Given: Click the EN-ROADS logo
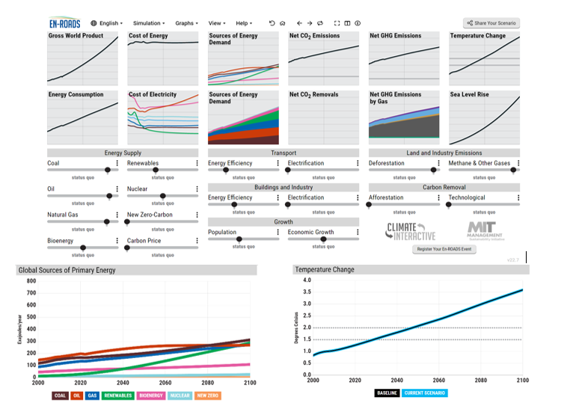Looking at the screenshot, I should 64,23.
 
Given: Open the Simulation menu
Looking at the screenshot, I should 147,23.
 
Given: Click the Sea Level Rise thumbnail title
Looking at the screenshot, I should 470,95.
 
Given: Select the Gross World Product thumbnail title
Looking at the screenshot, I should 76,36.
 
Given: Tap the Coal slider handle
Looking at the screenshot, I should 108,170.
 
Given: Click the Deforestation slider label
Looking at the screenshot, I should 386,163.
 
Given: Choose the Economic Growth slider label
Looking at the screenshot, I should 310,232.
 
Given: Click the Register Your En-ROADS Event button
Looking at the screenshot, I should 444,248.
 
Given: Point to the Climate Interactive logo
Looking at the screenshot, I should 410,231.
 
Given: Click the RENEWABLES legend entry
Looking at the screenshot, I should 118,396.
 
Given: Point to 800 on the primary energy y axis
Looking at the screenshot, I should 31,281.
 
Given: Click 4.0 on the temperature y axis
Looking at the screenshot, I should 306,280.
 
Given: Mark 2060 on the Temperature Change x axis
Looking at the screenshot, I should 438,381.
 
